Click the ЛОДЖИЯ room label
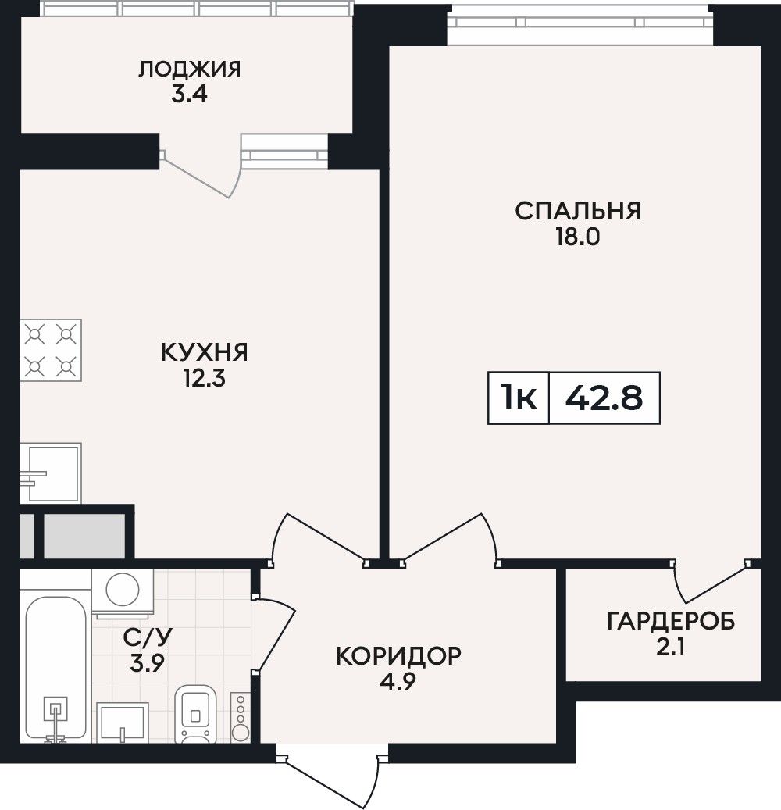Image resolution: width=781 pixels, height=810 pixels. [x=189, y=70]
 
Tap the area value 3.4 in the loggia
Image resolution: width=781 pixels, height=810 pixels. [x=189, y=95]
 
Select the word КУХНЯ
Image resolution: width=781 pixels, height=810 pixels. [x=205, y=352]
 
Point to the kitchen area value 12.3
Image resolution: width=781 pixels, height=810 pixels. [x=205, y=379]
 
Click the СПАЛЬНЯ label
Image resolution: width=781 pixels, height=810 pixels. [x=577, y=211]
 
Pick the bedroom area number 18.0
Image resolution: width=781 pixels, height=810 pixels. [x=577, y=237]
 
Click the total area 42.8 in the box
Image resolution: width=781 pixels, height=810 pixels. [x=604, y=398]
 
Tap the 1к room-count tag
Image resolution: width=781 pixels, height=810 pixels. [x=518, y=398]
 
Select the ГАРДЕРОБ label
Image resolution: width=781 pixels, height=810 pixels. [x=670, y=622]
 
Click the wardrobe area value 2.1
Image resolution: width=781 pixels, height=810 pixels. [x=670, y=648]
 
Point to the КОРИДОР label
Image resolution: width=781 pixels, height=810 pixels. [x=398, y=657]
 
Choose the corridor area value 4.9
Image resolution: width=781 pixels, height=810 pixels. [x=398, y=683]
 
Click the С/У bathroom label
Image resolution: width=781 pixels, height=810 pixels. [x=147, y=637]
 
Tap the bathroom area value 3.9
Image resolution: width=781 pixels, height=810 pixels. [x=147, y=663]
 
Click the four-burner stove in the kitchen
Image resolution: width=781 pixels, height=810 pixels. [x=51, y=350]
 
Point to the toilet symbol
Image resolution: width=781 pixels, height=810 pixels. [x=194, y=714]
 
